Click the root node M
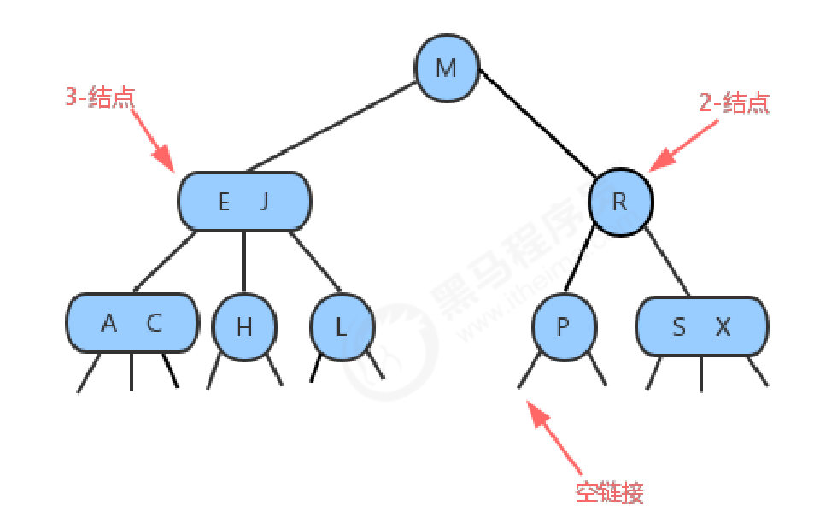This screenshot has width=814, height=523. (x=446, y=68)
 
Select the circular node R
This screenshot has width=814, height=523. (x=620, y=203)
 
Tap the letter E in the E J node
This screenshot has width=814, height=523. (x=224, y=203)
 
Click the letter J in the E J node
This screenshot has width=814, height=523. (x=264, y=203)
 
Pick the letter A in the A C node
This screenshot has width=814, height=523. (x=108, y=324)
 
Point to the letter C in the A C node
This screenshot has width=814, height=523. (x=154, y=324)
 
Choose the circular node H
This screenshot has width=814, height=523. (x=244, y=326)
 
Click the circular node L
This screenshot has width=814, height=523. (x=341, y=326)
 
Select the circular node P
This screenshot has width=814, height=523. (x=563, y=326)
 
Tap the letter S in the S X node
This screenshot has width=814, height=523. (x=679, y=326)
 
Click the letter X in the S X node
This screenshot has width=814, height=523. (x=723, y=326)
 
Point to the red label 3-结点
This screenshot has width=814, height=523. (x=100, y=97)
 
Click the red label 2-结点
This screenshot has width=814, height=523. (x=734, y=103)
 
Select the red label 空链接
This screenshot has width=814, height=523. (x=609, y=492)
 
